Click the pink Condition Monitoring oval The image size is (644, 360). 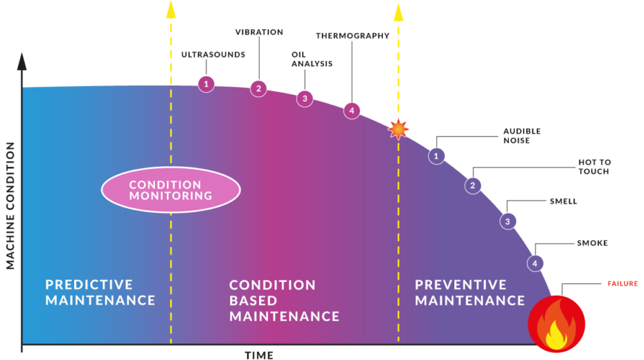pos(170,190)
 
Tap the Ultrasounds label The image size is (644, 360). pos(213,55)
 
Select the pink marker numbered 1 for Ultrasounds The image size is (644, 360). pos(206,84)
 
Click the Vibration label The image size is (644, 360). pos(259,32)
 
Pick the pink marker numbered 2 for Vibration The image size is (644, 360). pos(258,88)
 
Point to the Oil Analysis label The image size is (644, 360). pos(312,59)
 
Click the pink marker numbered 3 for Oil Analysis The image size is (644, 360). pos(304,98)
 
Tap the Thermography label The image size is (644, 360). pos(352,35)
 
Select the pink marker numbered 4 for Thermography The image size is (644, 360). pos(352,110)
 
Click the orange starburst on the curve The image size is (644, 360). pos(398,129)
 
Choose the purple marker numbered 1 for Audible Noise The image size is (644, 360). pos(436,156)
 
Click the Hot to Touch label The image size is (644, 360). pos(594,167)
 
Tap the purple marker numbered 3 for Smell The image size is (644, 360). pos(508,222)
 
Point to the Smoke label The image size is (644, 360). pos(592,243)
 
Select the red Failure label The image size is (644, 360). pos(623,283)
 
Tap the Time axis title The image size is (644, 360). pos(259,355)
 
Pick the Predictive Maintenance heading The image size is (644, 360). pos(100,292)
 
